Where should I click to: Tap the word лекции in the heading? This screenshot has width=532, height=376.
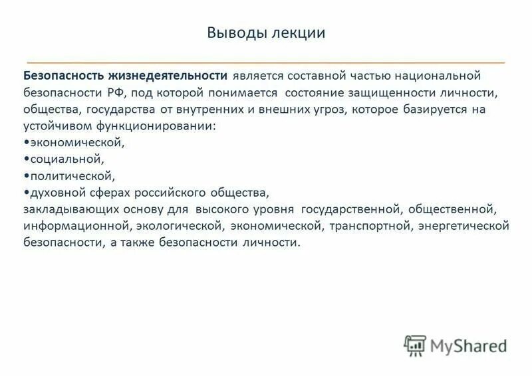(299, 33)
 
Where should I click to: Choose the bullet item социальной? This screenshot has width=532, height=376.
(66, 159)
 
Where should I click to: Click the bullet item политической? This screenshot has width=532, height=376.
(71, 176)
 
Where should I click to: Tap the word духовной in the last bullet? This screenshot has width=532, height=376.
(54, 193)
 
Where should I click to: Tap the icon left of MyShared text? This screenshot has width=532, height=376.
(414, 344)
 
